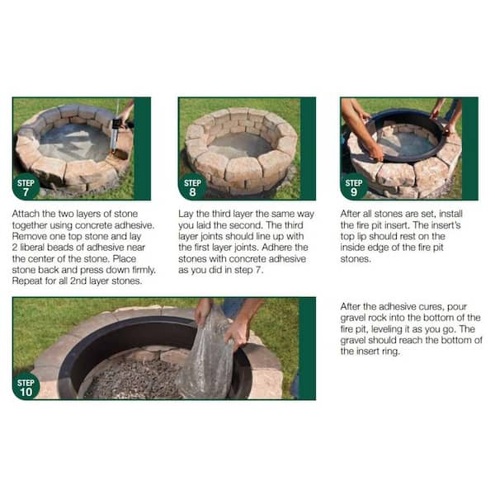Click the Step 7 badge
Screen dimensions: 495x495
(26, 187)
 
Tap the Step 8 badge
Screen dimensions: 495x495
(192, 187)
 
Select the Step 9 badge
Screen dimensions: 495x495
(354, 187)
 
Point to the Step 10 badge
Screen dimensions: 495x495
(26, 387)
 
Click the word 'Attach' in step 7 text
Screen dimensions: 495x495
(26, 214)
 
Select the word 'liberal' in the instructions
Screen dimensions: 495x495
(32, 247)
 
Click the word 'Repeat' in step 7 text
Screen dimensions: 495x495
(27, 281)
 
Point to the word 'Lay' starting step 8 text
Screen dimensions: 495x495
(186, 214)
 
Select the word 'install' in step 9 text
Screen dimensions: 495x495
(450, 214)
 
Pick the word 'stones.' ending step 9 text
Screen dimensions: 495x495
(356, 259)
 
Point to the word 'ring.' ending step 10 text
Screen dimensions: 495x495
(389, 351)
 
